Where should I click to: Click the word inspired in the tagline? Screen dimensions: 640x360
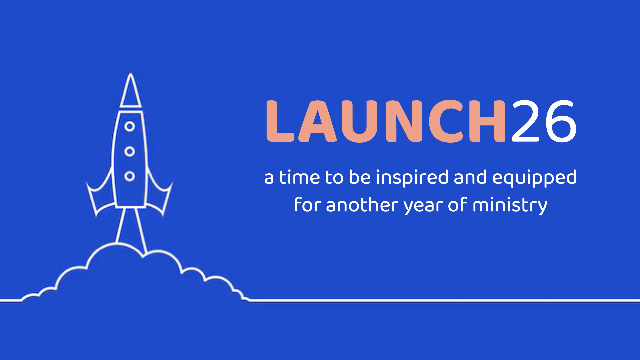click(412, 178)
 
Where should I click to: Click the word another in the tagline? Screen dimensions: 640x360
click(362, 205)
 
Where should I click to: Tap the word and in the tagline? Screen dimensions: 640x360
click(470, 177)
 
